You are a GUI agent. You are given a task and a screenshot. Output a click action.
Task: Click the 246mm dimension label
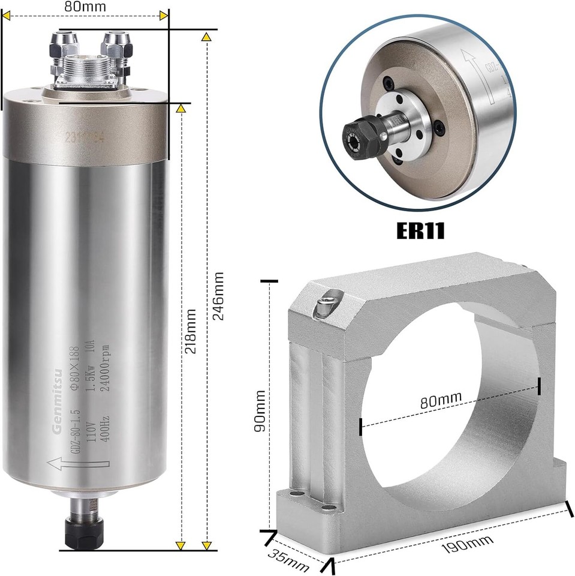tap(219, 295)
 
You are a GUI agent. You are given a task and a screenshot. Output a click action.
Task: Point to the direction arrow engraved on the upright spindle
tap(79, 463)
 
